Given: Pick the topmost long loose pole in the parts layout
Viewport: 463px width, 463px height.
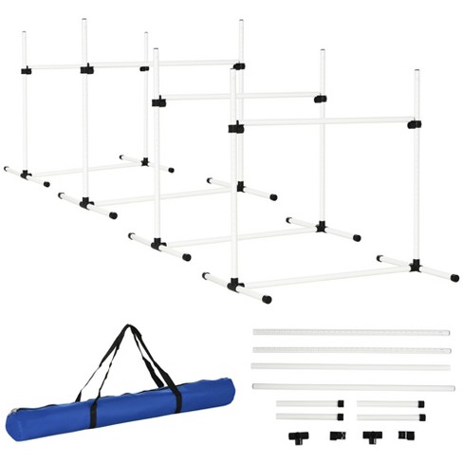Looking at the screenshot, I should (x=351, y=333).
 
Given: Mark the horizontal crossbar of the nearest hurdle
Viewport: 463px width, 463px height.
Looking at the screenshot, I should (x=323, y=122).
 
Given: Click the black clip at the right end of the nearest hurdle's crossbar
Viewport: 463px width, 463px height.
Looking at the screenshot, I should (x=414, y=123).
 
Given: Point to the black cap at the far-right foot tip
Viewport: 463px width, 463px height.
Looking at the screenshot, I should (x=455, y=279).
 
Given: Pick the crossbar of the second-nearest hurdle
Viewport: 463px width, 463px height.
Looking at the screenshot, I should (x=237, y=96).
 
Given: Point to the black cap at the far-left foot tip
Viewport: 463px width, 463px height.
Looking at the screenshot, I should (x=7, y=170).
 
